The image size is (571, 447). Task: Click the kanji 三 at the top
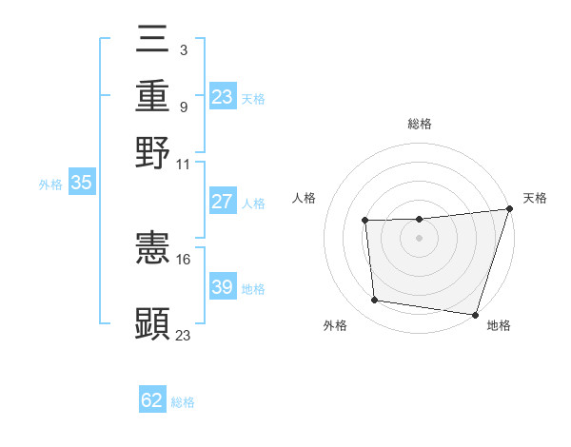pos(153,42)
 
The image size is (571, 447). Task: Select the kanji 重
pos(153,97)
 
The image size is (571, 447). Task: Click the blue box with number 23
pos(223,97)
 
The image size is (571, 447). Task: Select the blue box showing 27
pos(222,202)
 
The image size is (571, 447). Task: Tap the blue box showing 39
pos(222,287)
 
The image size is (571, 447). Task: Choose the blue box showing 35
pos(81,184)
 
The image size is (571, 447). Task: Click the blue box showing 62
pos(152,400)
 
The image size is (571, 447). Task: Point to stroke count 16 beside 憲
pos(184,259)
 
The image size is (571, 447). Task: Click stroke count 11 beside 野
pos(184,163)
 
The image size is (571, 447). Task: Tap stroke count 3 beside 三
pos(183,49)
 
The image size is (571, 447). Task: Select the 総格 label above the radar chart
pos(420,124)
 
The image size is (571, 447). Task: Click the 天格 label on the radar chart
pos(535,198)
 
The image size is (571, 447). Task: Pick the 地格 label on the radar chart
pos(499,325)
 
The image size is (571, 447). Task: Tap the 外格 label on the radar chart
pos(335,325)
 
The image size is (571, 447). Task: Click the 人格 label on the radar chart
pos(305,198)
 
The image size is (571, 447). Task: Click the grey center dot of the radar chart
pos(419,238)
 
